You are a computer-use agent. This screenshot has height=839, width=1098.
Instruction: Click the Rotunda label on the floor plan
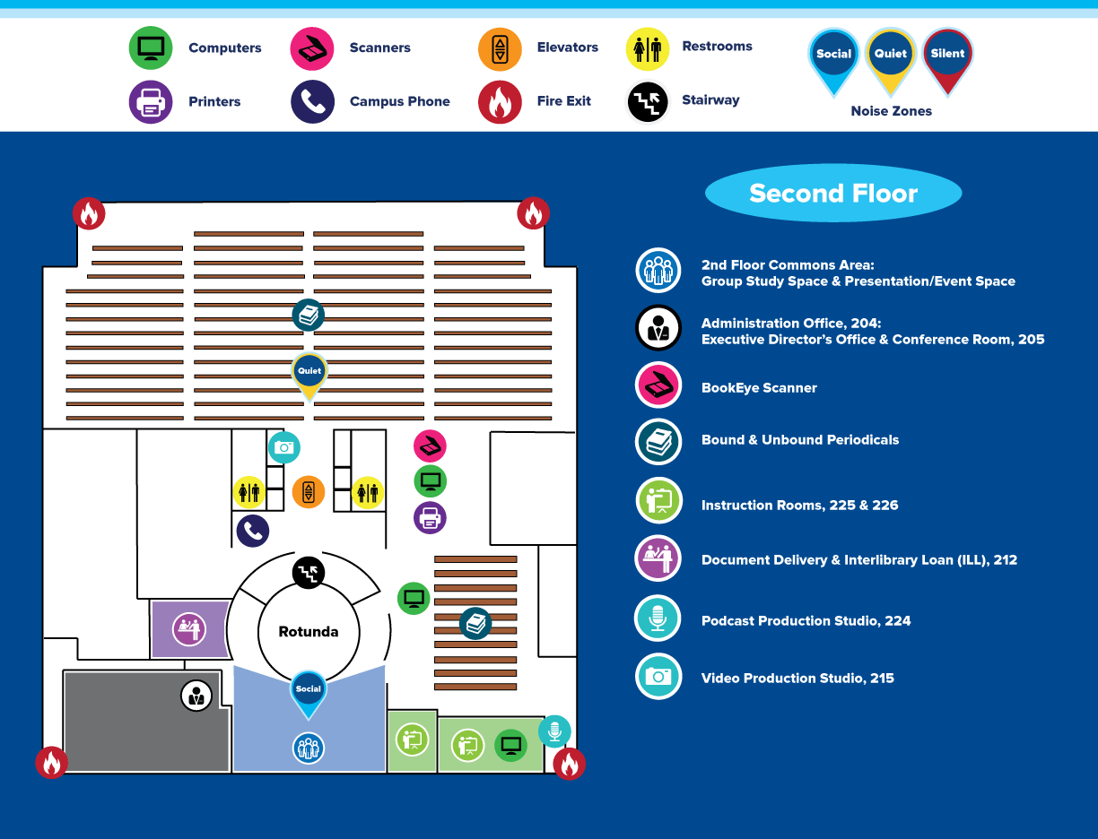(x=309, y=632)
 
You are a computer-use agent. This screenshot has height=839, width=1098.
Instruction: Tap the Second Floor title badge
(x=833, y=194)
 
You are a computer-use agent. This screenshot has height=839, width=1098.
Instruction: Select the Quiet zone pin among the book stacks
(x=309, y=373)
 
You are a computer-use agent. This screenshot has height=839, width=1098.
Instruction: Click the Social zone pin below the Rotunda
(x=308, y=691)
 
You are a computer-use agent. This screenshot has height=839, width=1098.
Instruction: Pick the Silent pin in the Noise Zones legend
(x=947, y=56)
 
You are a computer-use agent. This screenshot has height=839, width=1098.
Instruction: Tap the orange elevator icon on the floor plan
(x=309, y=491)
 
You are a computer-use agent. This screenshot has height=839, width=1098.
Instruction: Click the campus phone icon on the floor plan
(x=253, y=531)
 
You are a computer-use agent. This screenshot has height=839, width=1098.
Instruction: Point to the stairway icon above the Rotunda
(x=309, y=572)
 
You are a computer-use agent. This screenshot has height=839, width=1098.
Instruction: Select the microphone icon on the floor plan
(x=554, y=731)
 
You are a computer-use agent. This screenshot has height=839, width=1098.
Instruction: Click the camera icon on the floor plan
(x=284, y=447)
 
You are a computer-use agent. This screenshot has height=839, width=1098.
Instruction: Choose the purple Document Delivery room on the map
(x=189, y=628)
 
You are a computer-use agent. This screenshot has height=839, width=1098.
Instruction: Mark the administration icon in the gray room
(x=196, y=695)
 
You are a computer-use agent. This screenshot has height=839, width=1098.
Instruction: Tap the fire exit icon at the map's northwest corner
(x=89, y=213)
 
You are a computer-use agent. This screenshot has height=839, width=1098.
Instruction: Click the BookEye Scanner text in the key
(x=759, y=388)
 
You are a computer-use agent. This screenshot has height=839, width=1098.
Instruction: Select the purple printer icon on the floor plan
(x=430, y=517)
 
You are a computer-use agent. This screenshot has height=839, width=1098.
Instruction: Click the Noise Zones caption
(x=891, y=111)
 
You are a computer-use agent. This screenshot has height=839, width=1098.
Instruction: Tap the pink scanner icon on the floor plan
(x=430, y=445)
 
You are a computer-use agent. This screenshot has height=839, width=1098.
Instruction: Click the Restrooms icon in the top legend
(x=647, y=48)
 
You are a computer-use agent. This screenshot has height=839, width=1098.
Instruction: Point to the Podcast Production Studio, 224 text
(x=806, y=620)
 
